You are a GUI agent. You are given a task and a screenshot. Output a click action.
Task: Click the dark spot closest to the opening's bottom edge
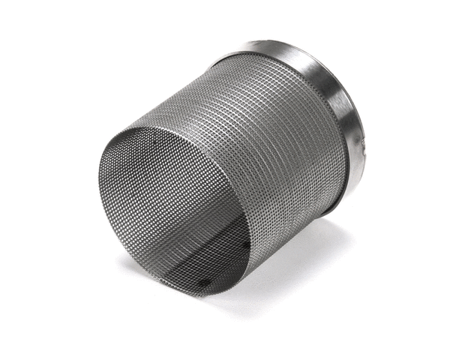pos(204,283)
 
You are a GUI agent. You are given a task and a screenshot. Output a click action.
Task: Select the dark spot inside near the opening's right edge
pos(247,244)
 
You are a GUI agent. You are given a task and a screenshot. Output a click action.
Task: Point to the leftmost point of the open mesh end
pos(98,180)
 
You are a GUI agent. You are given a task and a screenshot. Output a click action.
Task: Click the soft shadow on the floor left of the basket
pos(131,262)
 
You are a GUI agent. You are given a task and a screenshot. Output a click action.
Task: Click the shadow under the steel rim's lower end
pos(330,225)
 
